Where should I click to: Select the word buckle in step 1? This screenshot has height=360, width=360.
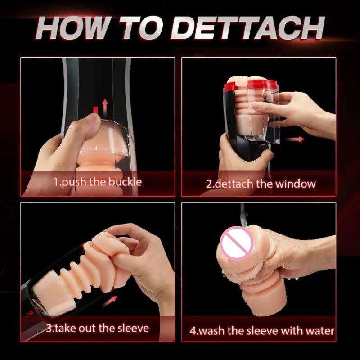[125, 182]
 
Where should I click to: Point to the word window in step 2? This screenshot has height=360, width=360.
[295, 184]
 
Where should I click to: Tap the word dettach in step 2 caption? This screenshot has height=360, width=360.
[234, 184]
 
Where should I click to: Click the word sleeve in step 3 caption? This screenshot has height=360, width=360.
[133, 328]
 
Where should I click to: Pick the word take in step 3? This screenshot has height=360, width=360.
[65, 328]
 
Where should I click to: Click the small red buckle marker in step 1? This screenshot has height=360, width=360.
[95, 110]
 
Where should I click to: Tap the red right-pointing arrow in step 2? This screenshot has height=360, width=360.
[295, 139]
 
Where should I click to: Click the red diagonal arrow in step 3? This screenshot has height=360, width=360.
[109, 301]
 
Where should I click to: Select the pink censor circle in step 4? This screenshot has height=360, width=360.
[237, 243]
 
